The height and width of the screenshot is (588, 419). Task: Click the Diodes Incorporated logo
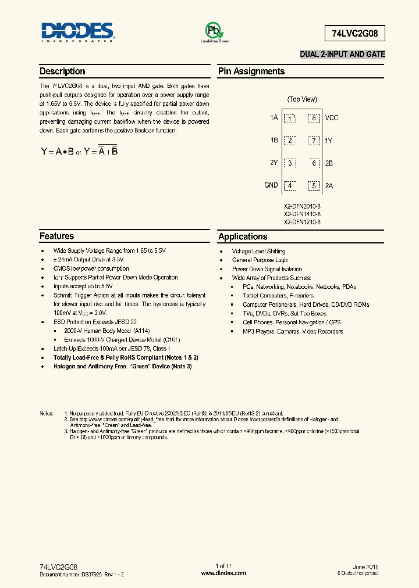(77, 33)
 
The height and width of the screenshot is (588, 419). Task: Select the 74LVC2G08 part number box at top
(354, 33)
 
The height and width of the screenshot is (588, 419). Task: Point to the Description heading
(62, 71)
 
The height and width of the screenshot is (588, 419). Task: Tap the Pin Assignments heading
(251, 71)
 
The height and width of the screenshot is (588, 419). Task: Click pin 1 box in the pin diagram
(289, 119)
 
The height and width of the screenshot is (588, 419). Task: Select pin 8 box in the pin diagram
(314, 119)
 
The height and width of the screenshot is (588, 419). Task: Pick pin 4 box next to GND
(289, 186)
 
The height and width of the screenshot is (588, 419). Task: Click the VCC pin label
(332, 118)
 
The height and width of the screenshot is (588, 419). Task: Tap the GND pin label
(271, 185)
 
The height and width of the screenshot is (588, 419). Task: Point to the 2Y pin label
(274, 163)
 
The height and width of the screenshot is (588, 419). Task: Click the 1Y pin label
(329, 141)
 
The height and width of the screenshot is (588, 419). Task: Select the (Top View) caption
(302, 99)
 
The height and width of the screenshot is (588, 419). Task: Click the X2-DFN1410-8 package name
(302, 214)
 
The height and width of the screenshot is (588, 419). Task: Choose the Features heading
(57, 236)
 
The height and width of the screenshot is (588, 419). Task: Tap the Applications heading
(243, 236)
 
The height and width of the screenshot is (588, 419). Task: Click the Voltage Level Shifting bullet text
(259, 251)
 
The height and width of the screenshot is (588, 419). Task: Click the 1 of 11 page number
(224, 566)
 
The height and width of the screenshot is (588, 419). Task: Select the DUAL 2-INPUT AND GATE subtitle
(342, 54)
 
